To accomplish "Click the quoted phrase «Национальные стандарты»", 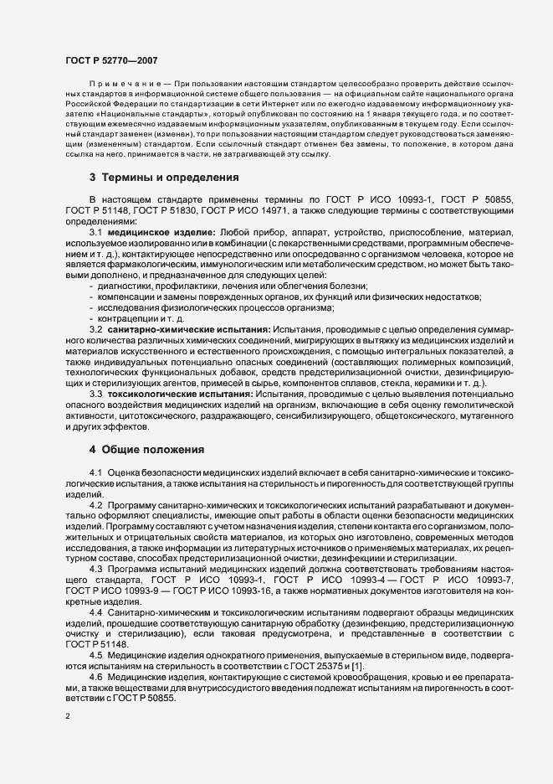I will pyautogui.click(x=147, y=111).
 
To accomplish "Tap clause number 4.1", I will pyautogui.click(x=95, y=475).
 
